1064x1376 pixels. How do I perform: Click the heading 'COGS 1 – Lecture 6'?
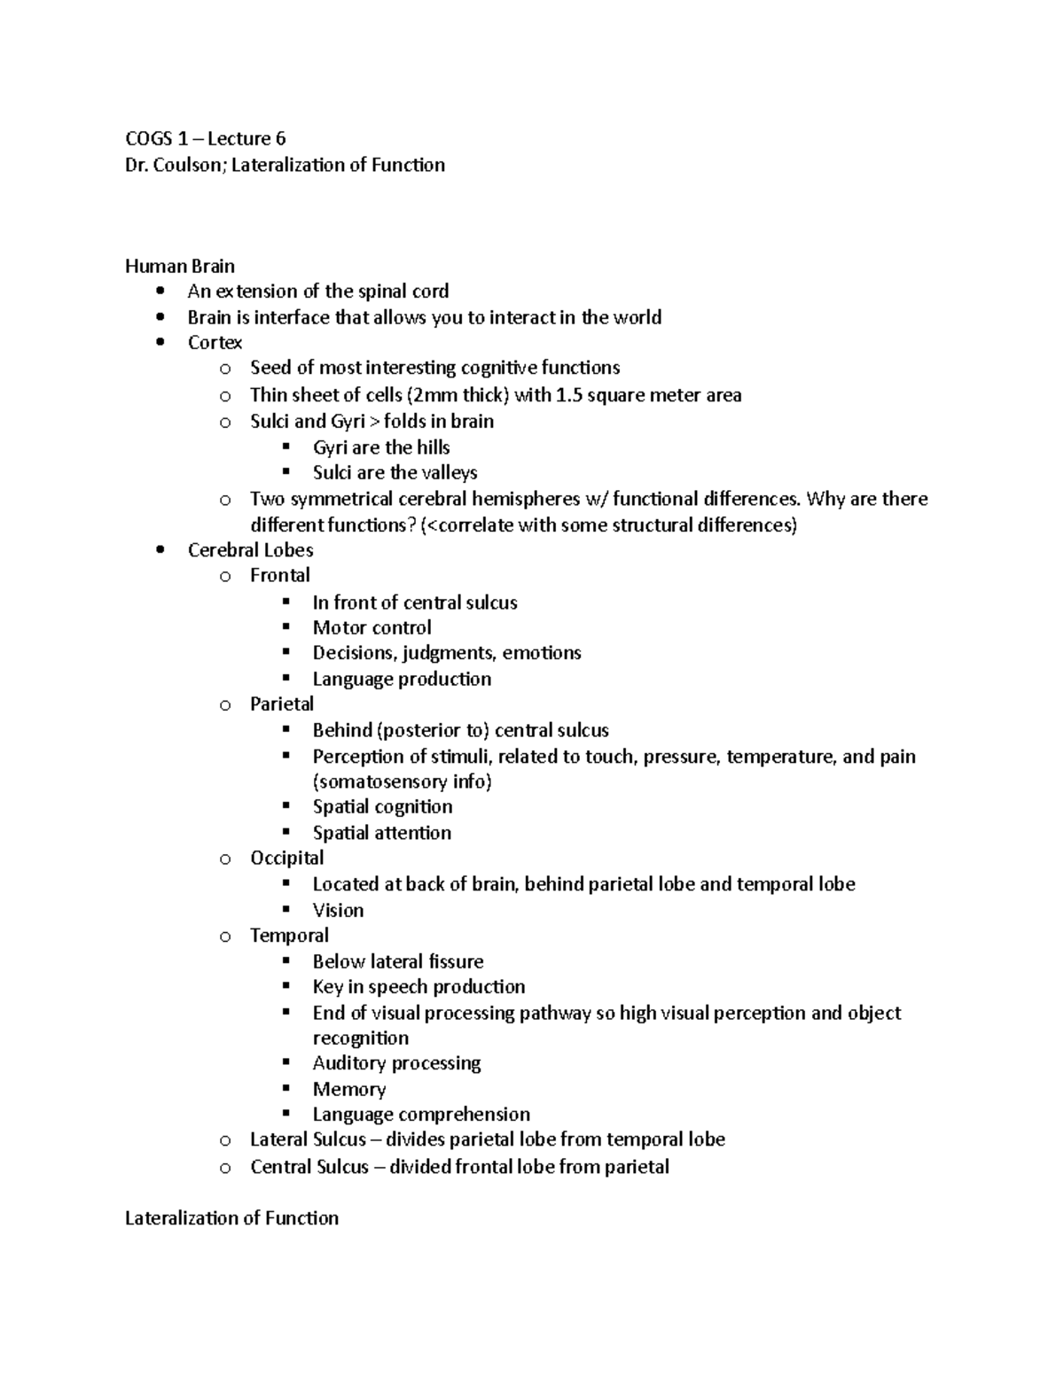pyautogui.click(x=205, y=138)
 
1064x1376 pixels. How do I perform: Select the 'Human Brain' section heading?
pyautogui.click(x=179, y=266)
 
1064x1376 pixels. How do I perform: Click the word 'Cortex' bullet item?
pyautogui.click(x=215, y=343)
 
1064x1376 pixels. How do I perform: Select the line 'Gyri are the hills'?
pyautogui.click(x=381, y=447)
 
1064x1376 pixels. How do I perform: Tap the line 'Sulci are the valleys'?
pyautogui.click(x=395, y=473)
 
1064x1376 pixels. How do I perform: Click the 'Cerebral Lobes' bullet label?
pyautogui.click(x=250, y=550)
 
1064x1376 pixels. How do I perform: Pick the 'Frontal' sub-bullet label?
pyautogui.click(x=279, y=576)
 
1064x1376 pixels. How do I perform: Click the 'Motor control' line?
pyautogui.click(x=372, y=628)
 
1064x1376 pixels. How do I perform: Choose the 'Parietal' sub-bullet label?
pyautogui.click(x=281, y=704)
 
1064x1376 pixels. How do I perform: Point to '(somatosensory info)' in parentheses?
pyautogui.click(x=402, y=781)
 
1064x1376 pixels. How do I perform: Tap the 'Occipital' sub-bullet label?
pyautogui.click(x=286, y=858)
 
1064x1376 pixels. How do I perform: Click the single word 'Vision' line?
pyautogui.click(x=338, y=910)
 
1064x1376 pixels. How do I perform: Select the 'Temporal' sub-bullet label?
pyautogui.click(x=289, y=936)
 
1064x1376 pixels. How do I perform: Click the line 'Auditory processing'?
pyautogui.click(x=396, y=1063)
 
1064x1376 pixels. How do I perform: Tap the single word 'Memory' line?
pyautogui.click(x=348, y=1089)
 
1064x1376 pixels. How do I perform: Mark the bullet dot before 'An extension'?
pyautogui.click(x=160, y=292)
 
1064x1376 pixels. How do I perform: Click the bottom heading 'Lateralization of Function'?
pyautogui.click(x=231, y=1218)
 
